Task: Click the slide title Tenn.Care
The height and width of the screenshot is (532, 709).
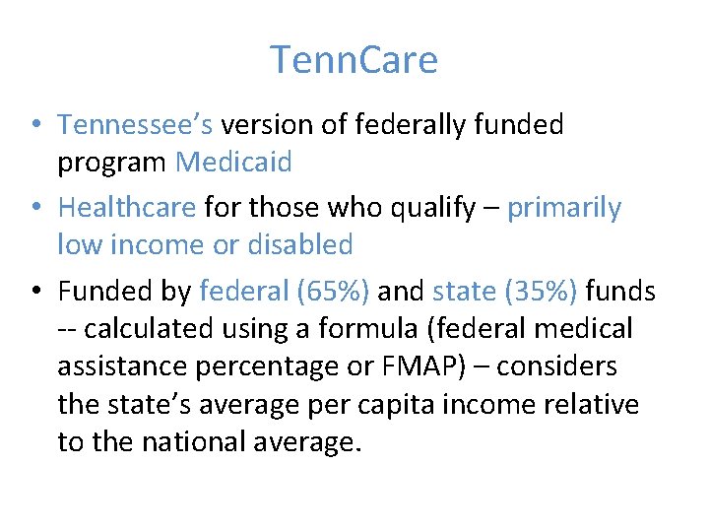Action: click(354, 61)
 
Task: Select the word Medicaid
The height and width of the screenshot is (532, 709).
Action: click(233, 163)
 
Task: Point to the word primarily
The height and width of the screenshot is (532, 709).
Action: click(564, 208)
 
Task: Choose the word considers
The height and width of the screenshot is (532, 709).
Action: click(557, 366)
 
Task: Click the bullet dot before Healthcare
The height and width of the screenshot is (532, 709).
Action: click(34, 208)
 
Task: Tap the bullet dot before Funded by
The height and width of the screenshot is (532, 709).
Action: click(34, 291)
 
